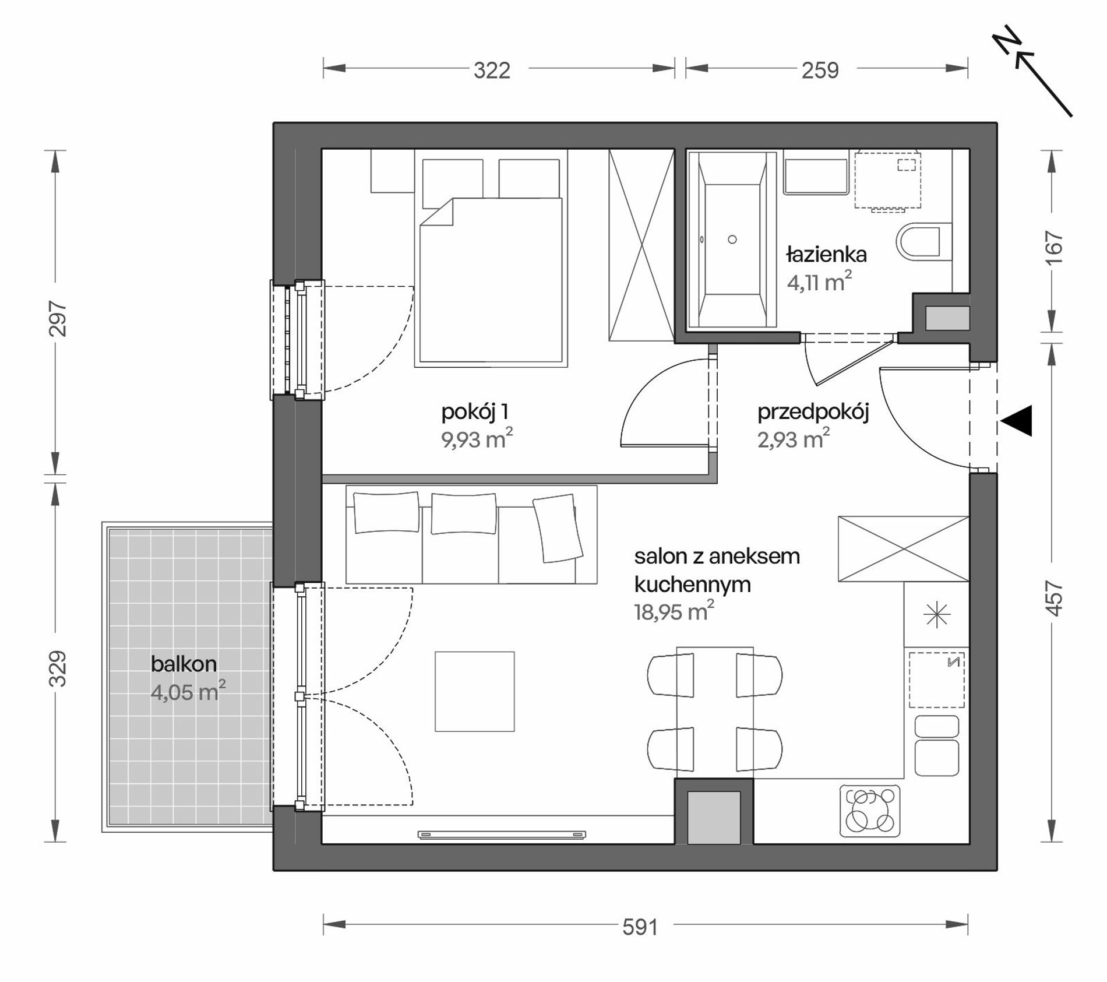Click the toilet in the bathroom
point(918,242)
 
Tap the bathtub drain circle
point(732,240)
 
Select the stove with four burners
point(870,810)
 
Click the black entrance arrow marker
point(1017,420)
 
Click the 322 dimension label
point(492,71)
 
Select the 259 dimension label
point(820,71)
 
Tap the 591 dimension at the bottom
point(640,927)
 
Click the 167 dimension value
point(1055,248)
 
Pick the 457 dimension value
point(1055,599)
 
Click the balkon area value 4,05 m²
point(188,692)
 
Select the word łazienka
point(826,255)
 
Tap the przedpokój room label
point(813,413)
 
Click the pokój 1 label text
point(475,413)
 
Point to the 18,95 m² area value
point(674,612)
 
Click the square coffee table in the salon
point(474,692)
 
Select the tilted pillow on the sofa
point(558,528)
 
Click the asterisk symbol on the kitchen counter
point(936,615)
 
